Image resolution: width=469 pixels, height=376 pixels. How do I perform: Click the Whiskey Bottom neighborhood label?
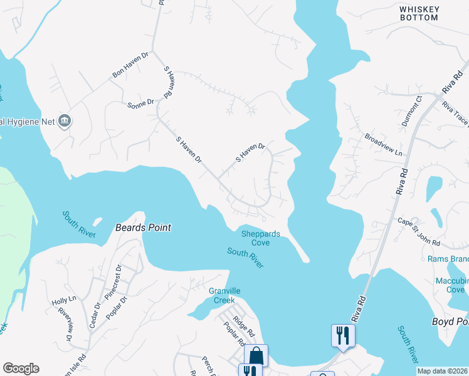coord(419,13)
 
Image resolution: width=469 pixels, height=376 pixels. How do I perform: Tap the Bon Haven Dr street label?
coord(130,65)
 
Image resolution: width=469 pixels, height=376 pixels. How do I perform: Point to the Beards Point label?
coord(143,227)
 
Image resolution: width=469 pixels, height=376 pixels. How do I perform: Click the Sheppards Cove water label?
coord(260,238)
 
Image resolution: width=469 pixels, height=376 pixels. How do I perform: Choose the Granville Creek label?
coord(225,295)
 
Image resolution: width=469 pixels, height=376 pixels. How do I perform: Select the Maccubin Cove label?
coord(455,285)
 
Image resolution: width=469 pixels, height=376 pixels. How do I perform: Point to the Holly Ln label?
coord(63,299)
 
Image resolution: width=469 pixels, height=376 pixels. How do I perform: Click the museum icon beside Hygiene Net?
coord(64,120)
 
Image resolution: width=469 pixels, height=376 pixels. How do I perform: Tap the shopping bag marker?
coord(256,355)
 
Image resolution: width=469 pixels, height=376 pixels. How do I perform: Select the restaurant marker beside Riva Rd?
coord(342,334)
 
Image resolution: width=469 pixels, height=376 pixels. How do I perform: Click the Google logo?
coord(21,368)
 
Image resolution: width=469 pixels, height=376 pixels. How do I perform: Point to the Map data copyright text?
coord(442,371)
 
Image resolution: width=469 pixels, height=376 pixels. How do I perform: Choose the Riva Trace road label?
coord(456,115)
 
